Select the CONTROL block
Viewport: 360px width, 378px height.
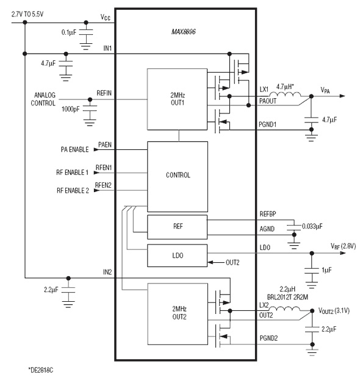pyautogui.click(x=177, y=175)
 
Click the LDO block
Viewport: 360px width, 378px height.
pyautogui.click(x=177, y=255)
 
